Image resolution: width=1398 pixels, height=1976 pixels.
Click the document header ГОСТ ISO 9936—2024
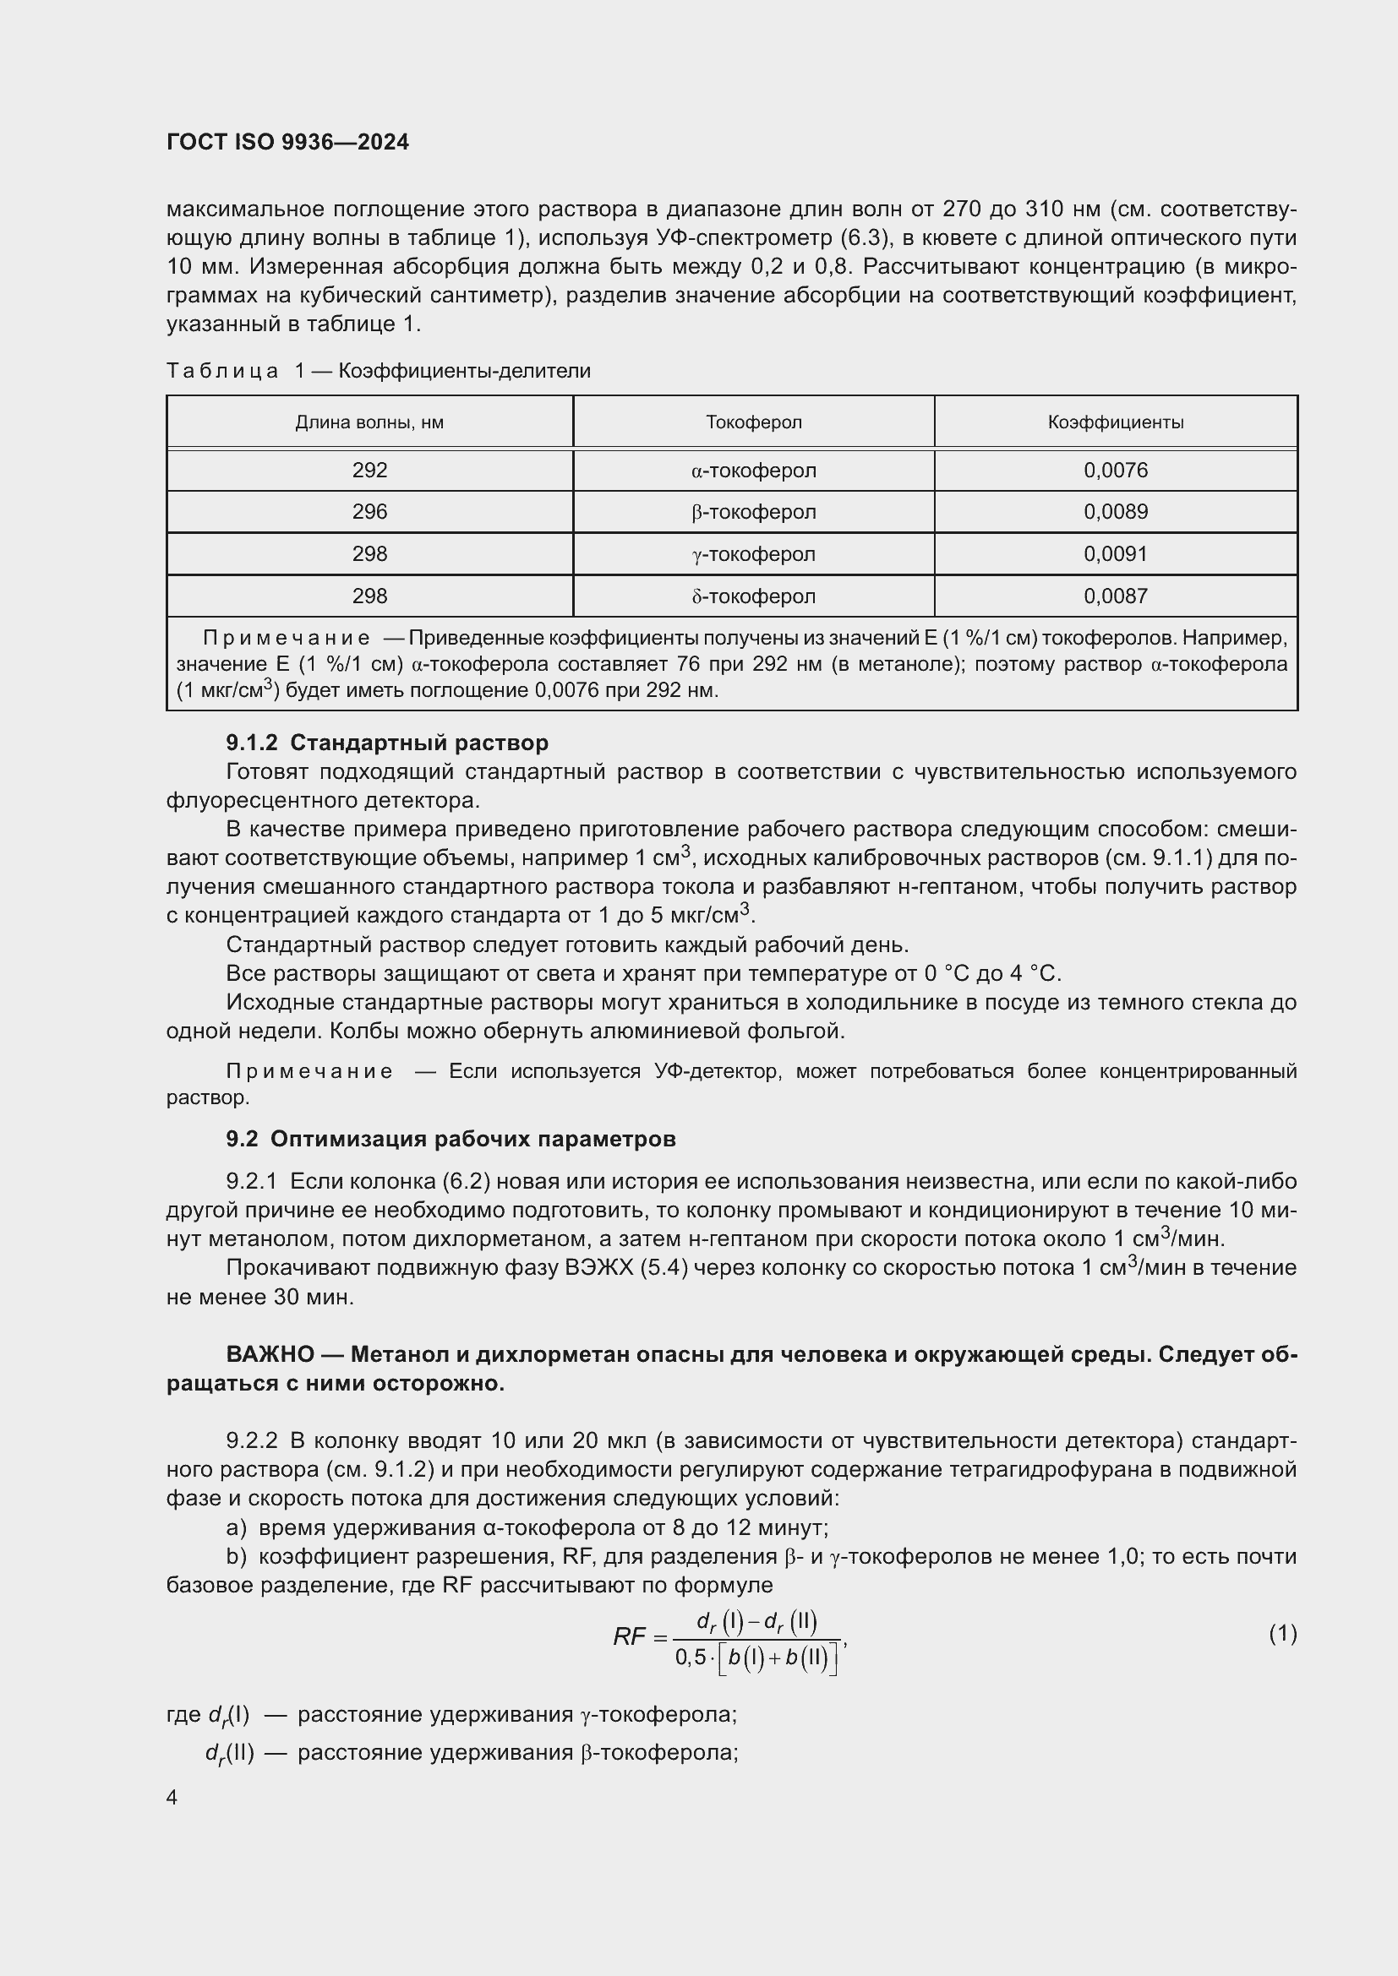click(287, 142)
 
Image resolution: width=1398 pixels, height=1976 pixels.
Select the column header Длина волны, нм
click(369, 422)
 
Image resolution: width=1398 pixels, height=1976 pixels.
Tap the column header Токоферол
click(753, 422)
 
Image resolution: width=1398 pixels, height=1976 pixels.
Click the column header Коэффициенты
click(1115, 422)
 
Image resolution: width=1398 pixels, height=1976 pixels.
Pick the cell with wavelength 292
click(369, 471)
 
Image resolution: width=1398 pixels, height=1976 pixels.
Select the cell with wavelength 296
click(369, 512)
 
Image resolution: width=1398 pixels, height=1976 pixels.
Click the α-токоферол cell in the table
click(753, 471)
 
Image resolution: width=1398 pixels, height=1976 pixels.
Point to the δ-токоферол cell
click(753, 596)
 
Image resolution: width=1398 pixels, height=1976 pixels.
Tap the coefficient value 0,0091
click(1115, 554)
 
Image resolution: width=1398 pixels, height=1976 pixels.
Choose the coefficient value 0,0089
click(1115, 512)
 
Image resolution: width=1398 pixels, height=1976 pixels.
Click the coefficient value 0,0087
click(1115, 596)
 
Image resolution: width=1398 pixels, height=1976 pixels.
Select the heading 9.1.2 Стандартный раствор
click(386, 743)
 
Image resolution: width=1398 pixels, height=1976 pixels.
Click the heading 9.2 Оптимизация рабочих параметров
click(451, 1139)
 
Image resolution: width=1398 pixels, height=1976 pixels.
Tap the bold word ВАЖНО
click(270, 1354)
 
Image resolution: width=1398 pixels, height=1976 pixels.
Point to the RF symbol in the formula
click(630, 1636)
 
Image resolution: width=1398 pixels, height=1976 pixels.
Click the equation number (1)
click(1282, 1633)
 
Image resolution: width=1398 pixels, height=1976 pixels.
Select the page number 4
click(172, 1797)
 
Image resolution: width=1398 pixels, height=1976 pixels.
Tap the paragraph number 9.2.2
click(251, 1440)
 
